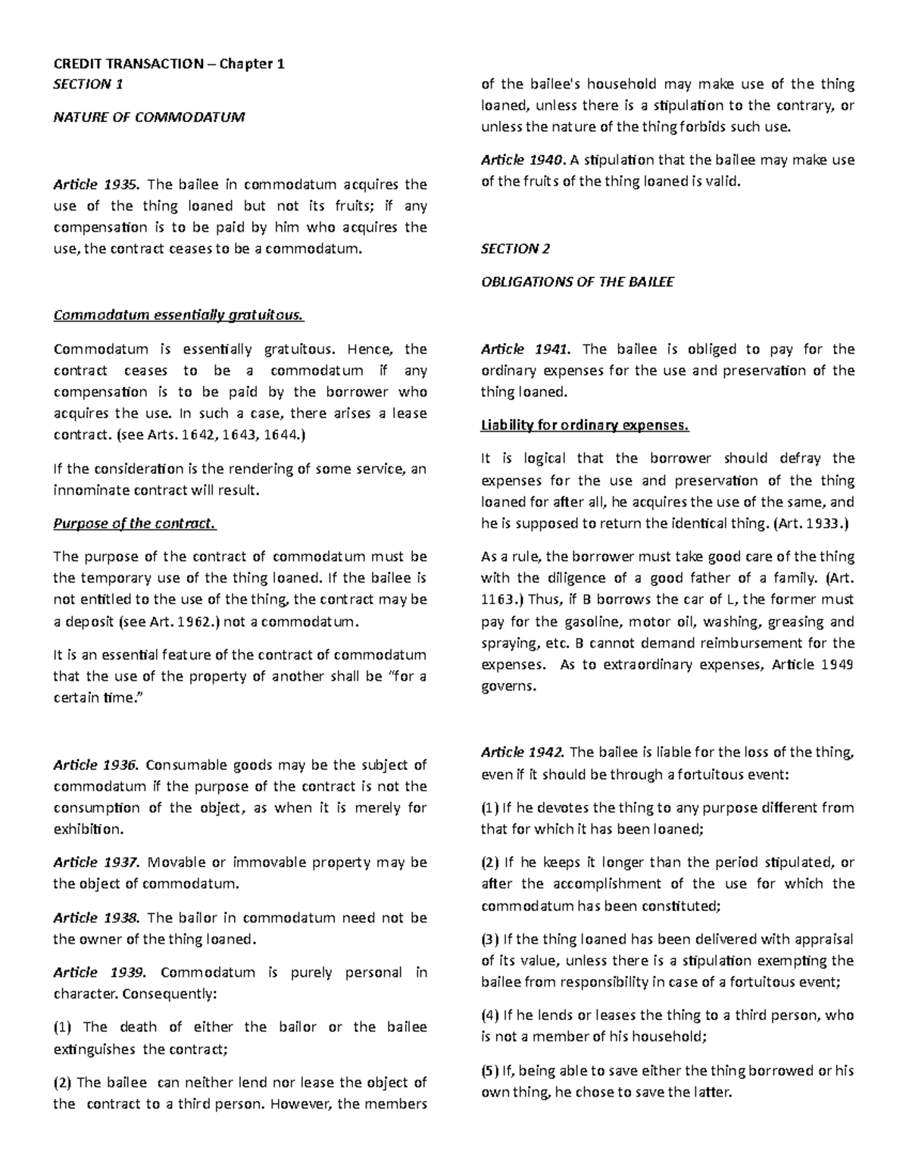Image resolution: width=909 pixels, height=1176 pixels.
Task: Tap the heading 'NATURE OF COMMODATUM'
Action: (148, 117)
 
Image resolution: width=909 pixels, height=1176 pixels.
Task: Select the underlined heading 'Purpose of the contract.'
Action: (134, 524)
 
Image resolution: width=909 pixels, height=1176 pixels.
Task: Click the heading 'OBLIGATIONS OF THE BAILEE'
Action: (577, 282)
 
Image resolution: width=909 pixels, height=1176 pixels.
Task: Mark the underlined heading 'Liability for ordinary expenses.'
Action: (585, 426)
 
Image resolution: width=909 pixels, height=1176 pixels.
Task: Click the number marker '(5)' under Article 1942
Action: (490, 1071)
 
